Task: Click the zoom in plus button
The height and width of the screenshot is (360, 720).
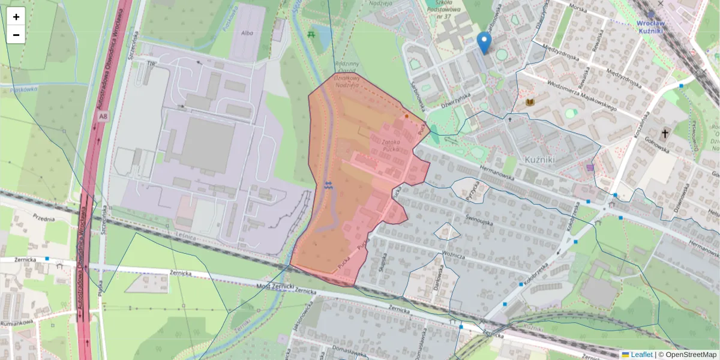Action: click(16, 17)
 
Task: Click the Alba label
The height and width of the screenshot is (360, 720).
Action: click(247, 34)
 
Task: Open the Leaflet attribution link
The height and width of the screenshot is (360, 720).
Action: click(641, 355)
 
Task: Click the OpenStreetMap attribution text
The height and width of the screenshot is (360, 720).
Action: click(691, 355)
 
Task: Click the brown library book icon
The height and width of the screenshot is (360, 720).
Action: click(530, 102)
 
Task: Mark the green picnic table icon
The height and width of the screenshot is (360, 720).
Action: click(311, 34)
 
